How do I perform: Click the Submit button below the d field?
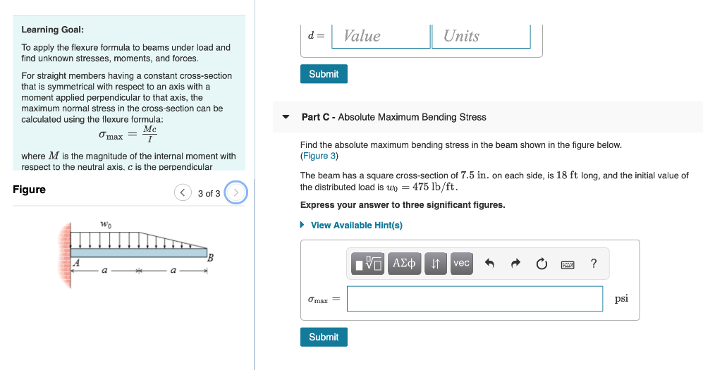324,74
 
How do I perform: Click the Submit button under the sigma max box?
324,337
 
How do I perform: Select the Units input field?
481,36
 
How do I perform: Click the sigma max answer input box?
475,299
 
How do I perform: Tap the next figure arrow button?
236,192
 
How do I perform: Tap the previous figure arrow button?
183,192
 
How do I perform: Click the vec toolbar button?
461,264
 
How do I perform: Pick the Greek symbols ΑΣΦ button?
404,264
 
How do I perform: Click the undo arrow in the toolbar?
491,264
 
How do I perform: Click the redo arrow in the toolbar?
515,264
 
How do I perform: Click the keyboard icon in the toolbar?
568,264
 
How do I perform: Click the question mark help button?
594,264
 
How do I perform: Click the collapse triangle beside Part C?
286,117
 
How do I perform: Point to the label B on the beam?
209,257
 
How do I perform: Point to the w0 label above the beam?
105,224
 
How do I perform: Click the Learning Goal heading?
52,30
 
